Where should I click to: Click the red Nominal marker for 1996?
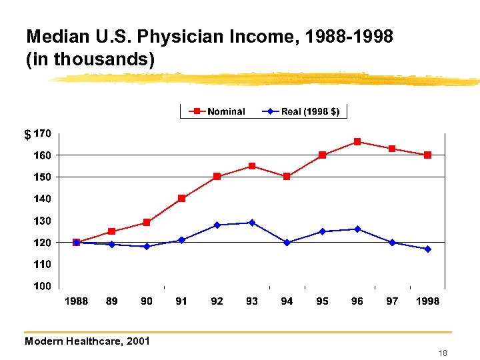pyautogui.click(x=357, y=141)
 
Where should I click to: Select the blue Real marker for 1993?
pyautogui.click(x=252, y=223)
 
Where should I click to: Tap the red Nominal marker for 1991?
pyautogui.click(x=181, y=198)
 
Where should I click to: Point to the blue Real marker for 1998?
pyautogui.click(x=427, y=249)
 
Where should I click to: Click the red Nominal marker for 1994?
pyautogui.click(x=287, y=177)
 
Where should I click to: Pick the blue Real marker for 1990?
pyautogui.click(x=147, y=246)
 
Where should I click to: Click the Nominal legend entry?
pyautogui.click(x=218, y=111)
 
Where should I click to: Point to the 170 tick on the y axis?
pyautogui.click(x=43, y=133)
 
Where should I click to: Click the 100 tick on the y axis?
pyautogui.click(x=43, y=286)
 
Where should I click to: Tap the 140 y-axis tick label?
pyautogui.click(x=43, y=199)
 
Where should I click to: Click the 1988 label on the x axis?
pyautogui.click(x=76, y=301)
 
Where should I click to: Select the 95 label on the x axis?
pyautogui.click(x=322, y=301)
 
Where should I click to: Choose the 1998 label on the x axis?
pyautogui.click(x=427, y=301)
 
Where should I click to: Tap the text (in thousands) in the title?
pyautogui.click(x=90, y=60)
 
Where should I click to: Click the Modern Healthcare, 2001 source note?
pyautogui.click(x=87, y=341)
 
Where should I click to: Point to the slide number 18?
pyautogui.click(x=443, y=353)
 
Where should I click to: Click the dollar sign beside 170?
pyautogui.click(x=27, y=135)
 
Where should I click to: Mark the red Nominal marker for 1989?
pyautogui.click(x=111, y=231)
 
